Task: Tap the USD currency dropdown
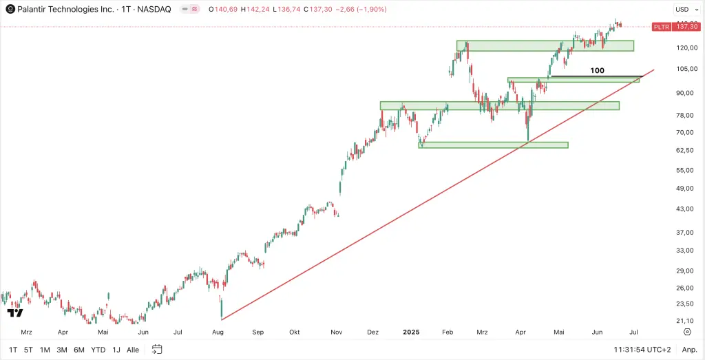682,9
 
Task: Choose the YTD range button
98,350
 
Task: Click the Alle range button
133,350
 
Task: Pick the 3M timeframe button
62,350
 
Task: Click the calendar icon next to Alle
157,349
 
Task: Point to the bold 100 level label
597,70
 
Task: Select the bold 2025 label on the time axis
411,331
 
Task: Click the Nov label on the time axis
337,331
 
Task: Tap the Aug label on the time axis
218,331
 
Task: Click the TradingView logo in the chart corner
15,313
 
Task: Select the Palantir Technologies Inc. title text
66,10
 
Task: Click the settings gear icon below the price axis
687,331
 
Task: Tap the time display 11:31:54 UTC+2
642,350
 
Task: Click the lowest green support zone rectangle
493,145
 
